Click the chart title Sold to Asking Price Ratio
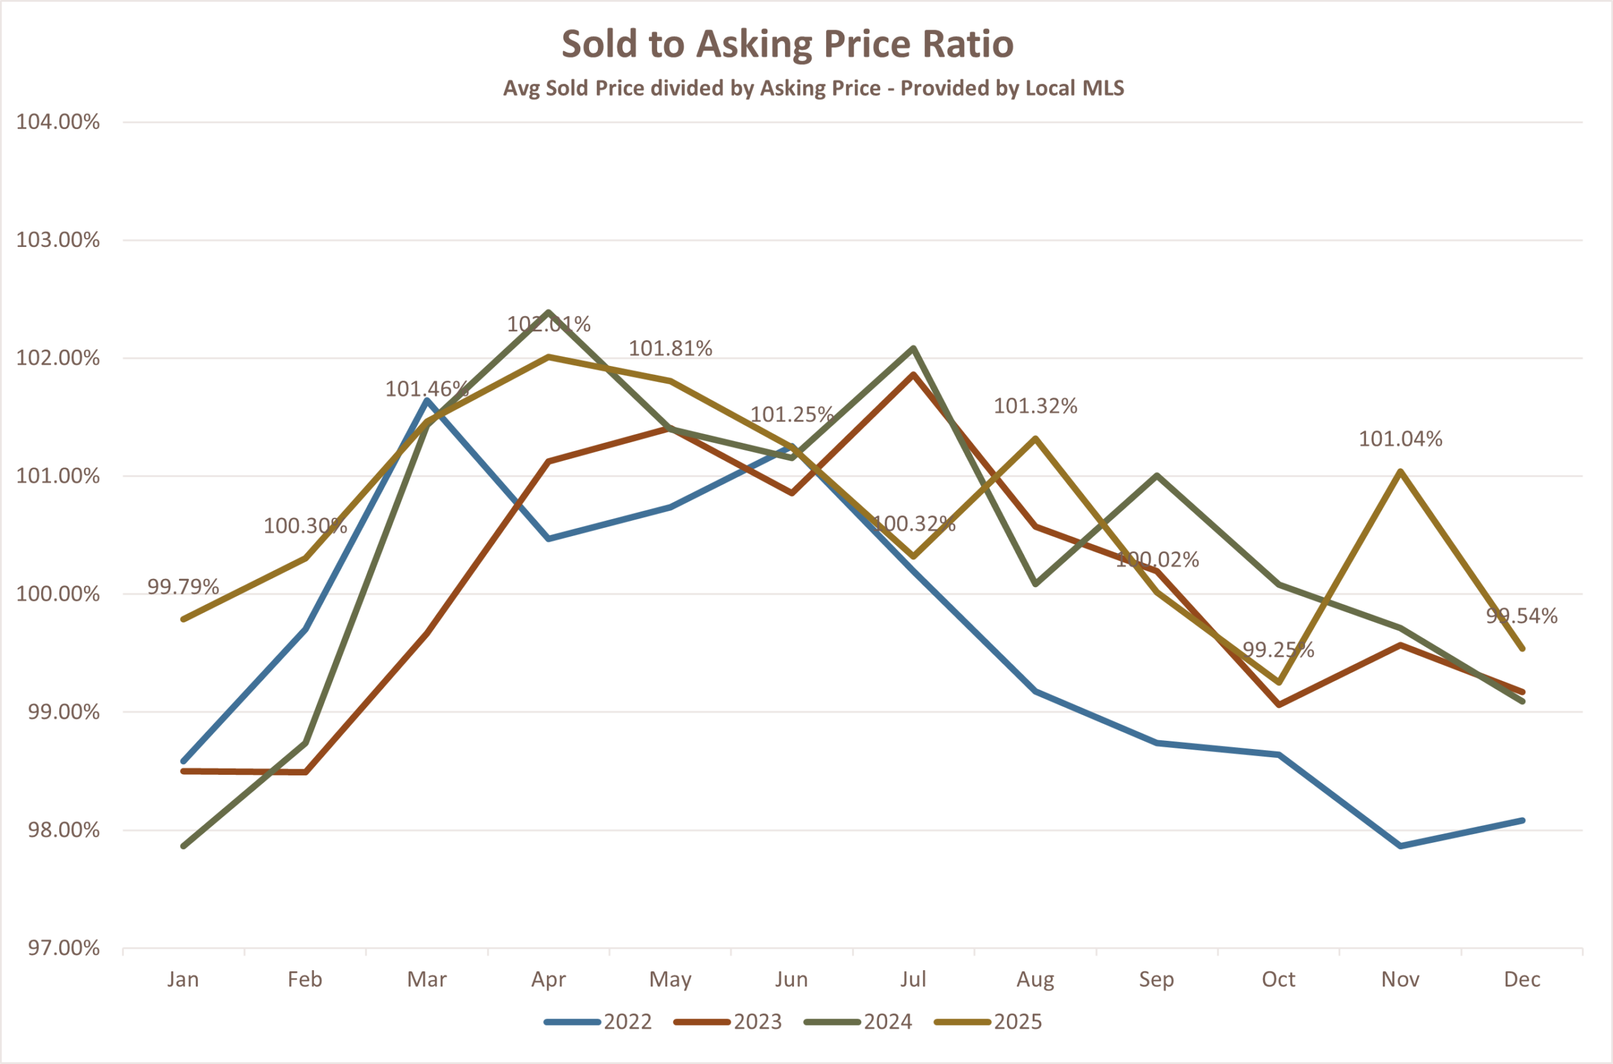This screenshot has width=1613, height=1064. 787,44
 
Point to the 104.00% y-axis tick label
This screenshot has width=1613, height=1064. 58,122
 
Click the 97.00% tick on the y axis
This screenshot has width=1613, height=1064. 63,948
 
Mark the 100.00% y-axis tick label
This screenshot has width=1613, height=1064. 58,595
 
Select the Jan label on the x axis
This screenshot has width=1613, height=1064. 183,980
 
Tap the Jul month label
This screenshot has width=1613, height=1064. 914,980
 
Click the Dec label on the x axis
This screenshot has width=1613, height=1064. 1522,980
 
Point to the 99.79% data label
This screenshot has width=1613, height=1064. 183,587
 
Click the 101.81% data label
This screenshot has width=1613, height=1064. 670,349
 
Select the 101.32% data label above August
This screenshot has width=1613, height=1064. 1035,406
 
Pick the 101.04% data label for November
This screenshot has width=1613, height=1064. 1401,439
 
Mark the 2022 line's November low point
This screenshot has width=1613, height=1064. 1401,846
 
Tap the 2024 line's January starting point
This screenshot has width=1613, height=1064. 184,846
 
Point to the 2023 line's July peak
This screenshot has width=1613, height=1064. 914,374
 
